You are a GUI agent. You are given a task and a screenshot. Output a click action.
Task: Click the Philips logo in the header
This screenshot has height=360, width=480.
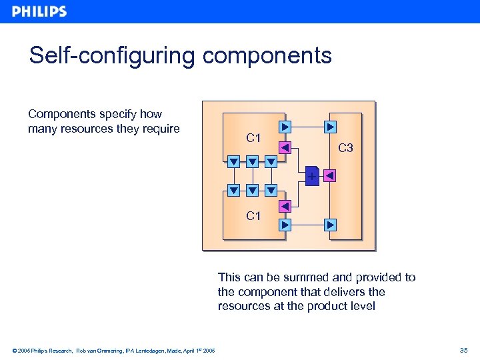[x=39, y=11]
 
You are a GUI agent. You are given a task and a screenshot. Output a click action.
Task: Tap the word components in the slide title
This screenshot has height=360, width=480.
[x=267, y=55]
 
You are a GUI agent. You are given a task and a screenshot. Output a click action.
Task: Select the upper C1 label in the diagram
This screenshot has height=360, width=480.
[x=253, y=139]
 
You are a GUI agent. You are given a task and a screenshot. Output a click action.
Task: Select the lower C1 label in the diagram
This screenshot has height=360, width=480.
[x=253, y=216]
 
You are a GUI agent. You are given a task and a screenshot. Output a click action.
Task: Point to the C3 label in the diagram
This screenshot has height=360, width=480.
[x=345, y=148]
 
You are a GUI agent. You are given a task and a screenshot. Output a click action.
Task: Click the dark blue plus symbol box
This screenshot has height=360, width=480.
[x=311, y=175]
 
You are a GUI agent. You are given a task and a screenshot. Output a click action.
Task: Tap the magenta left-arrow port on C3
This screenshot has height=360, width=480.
[x=329, y=176]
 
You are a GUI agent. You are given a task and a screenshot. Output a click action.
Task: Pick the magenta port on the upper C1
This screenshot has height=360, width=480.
[x=285, y=148]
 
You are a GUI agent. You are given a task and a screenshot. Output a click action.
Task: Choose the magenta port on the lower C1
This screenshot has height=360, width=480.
[x=285, y=207]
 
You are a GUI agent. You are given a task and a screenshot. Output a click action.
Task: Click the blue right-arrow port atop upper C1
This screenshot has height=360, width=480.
[x=285, y=127]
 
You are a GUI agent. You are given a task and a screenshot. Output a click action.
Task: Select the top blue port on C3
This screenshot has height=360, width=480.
[x=330, y=127]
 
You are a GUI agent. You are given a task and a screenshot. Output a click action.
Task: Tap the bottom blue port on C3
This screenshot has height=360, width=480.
[x=330, y=225]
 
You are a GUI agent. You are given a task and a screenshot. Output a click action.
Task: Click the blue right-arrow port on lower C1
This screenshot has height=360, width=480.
[x=285, y=225]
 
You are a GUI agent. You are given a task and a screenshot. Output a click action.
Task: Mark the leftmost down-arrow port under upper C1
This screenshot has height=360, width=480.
[x=233, y=161]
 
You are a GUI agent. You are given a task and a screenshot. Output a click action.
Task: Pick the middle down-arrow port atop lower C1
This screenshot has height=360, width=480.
[x=252, y=191]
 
